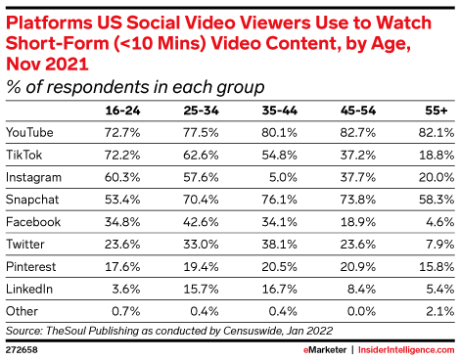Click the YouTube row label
click(30, 130)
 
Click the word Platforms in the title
click(51, 17)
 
